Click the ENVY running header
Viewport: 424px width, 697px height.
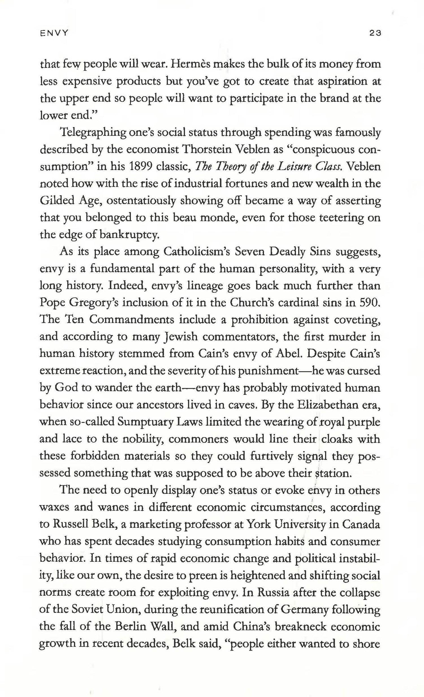(x=54, y=33)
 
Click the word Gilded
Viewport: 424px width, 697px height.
(x=57, y=200)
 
